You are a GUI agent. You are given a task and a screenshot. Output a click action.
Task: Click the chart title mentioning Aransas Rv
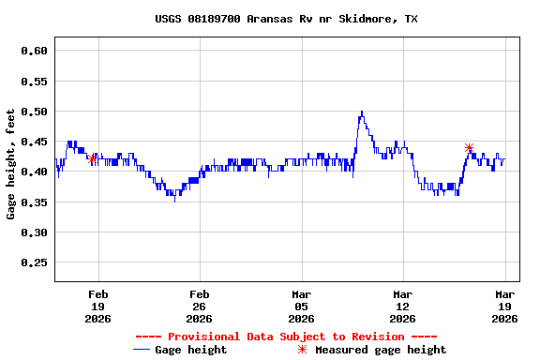point(286,19)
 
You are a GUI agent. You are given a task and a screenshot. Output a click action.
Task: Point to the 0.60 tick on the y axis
point(34,51)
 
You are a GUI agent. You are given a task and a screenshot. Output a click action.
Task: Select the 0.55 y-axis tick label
point(34,82)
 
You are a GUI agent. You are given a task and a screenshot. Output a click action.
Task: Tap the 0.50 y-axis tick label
point(34,112)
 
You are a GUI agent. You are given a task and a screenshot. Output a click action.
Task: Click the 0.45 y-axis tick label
point(34,142)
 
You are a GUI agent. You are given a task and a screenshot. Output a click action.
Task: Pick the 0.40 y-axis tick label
point(34,172)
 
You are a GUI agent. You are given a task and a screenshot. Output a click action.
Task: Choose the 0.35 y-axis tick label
point(34,202)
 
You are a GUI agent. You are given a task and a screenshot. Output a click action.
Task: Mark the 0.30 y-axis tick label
point(34,232)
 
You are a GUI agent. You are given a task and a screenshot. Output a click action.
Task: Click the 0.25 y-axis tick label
point(34,262)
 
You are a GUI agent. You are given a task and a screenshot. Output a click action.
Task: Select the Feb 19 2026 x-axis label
point(97,306)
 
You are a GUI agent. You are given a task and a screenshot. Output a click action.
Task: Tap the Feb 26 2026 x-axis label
point(199,306)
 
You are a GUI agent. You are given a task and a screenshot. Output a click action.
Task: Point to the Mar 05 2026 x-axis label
point(301,306)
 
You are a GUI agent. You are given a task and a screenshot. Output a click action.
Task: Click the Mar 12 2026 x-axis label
point(402,306)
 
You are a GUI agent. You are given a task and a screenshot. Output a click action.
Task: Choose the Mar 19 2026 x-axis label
point(504,306)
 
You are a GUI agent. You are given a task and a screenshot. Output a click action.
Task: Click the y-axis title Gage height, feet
point(11,165)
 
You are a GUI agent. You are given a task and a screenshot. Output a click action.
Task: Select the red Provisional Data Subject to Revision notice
point(286,337)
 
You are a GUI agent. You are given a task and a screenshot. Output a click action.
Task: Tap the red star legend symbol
point(302,350)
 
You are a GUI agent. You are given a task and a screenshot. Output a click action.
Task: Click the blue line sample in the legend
point(142,350)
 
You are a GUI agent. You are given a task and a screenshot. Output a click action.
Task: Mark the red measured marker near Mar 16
point(470,148)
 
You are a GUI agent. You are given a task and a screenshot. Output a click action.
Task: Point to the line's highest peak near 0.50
point(361,112)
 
